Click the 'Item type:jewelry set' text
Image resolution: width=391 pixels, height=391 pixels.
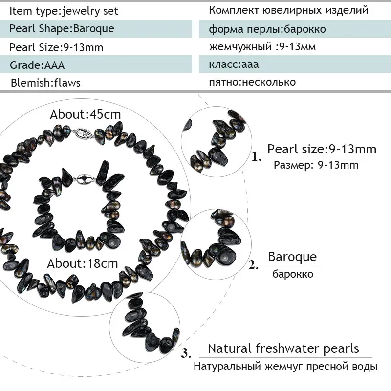[64, 11]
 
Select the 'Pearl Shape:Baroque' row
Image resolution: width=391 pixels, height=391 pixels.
[62, 29]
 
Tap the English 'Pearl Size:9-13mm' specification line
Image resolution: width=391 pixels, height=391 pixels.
[56, 47]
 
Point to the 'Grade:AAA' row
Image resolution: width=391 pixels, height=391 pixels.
[37, 65]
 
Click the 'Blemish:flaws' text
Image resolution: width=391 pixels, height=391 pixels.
[45, 83]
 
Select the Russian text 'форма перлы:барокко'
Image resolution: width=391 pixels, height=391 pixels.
[267, 29]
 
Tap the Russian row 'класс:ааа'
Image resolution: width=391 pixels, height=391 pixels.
[234, 65]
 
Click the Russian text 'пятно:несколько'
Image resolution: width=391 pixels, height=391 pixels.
[252, 82]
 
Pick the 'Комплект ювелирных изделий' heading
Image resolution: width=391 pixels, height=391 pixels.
[288, 10]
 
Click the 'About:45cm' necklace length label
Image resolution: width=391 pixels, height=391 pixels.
[85, 115]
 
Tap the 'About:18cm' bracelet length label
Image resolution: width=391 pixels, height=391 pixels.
[83, 263]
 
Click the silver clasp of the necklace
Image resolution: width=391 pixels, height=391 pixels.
[83, 132]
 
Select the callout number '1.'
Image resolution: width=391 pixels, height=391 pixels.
[257, 157]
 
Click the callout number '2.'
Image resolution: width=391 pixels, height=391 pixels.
[254, 266]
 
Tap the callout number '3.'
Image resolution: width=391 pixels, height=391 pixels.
[186, 353]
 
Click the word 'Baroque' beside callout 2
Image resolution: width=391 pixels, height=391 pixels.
[292, 257]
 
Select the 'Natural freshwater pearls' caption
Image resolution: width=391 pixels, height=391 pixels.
[283, 349]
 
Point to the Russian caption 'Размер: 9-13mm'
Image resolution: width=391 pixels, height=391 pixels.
[316, 165]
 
